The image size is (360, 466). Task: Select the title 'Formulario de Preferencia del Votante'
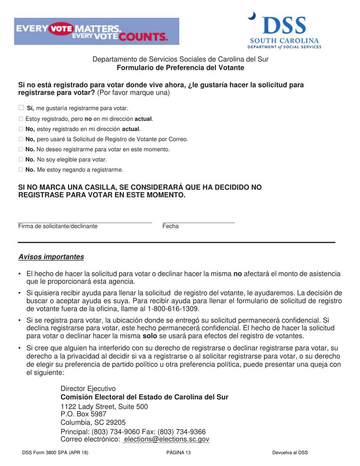180,68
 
